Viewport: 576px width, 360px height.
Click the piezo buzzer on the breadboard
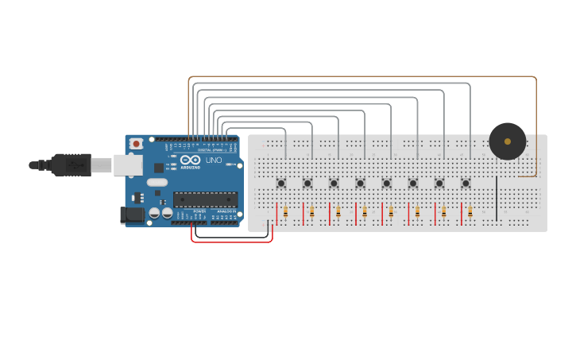(507, 141)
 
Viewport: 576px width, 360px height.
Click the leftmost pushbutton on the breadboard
(281, 183)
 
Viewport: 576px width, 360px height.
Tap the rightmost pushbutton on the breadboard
(466, 183)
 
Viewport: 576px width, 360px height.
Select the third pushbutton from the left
(334, 183)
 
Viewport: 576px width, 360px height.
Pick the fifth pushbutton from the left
(386, 183)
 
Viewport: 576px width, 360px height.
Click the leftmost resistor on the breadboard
(285, 212)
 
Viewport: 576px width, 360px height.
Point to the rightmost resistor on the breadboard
(470, 212)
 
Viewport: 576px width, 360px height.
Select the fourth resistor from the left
(365, 212)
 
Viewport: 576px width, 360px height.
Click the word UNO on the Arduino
(214, 161)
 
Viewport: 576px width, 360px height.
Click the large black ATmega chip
(205, 199)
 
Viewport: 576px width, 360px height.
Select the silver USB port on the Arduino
(126, 165)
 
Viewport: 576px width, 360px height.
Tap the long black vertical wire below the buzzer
(497, 199)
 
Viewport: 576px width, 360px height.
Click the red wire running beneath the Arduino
(230, 242)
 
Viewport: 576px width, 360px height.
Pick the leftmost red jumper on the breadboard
(277, 214)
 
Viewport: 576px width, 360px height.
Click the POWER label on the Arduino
(199, 211)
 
